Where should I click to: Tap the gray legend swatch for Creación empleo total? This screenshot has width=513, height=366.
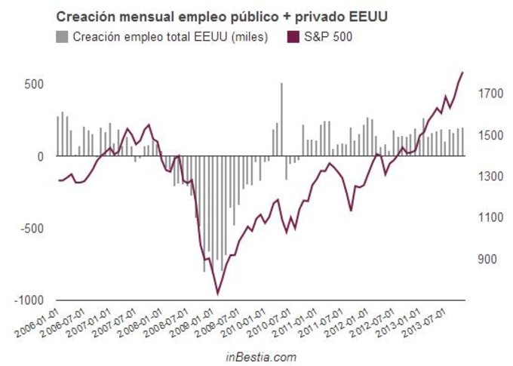[x=63, y=35]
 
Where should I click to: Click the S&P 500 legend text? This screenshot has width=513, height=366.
[x=330, y=35]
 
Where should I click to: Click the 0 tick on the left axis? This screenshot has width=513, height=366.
[x=41, y=156]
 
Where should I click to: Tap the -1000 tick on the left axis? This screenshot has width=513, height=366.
[x=30, y=300]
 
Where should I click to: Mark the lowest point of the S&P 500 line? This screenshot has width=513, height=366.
[x=218, y=294]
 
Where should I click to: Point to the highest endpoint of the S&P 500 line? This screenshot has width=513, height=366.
[x=463, y=72]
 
